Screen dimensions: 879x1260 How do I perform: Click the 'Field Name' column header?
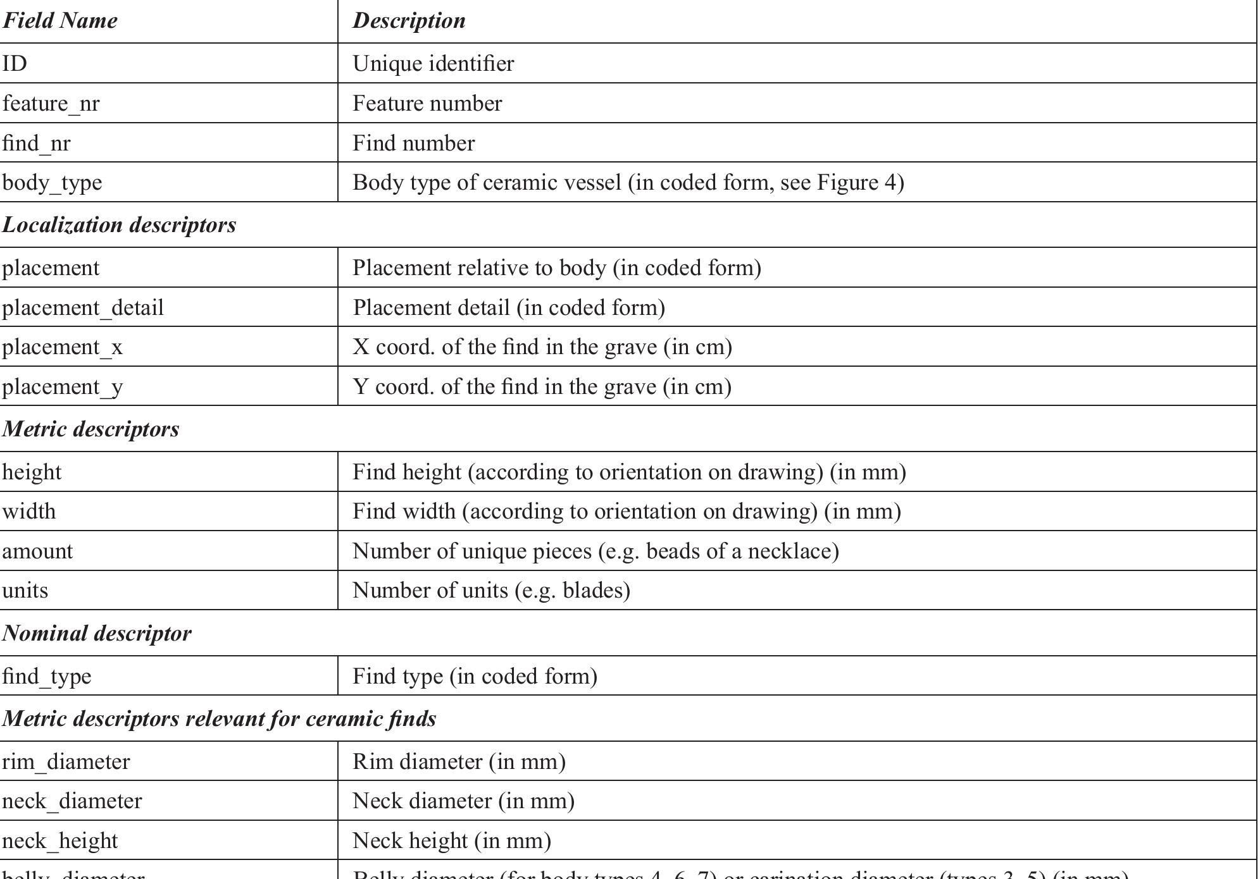point(60,21)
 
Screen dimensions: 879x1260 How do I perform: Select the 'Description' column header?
point(409,21)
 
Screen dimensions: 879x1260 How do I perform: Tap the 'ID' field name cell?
point(15,64)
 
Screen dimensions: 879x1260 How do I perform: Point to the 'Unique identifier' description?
point(433,64)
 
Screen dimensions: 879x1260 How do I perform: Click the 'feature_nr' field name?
point(51,104)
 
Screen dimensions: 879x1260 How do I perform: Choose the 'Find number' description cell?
point(413,144)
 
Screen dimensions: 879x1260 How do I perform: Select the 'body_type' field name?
point(52,183)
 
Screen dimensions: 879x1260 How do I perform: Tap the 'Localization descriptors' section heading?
point(119,225)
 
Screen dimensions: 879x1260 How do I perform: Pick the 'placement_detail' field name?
point(83,308)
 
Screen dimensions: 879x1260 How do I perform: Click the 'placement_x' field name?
point(62,347)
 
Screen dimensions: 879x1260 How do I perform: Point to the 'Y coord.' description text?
point(393,386)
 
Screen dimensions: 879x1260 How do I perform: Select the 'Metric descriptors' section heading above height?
point(90,429)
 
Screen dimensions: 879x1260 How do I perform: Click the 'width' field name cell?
point(29,512)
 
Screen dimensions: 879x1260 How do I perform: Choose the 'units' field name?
point(25,591)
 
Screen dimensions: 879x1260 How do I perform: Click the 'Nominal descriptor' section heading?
point(97,634)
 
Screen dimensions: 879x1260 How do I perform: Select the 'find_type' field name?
point(47,677)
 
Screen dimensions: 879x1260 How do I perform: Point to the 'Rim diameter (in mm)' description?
point(459,762)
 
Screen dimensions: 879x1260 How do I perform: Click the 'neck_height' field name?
point(60,841)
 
